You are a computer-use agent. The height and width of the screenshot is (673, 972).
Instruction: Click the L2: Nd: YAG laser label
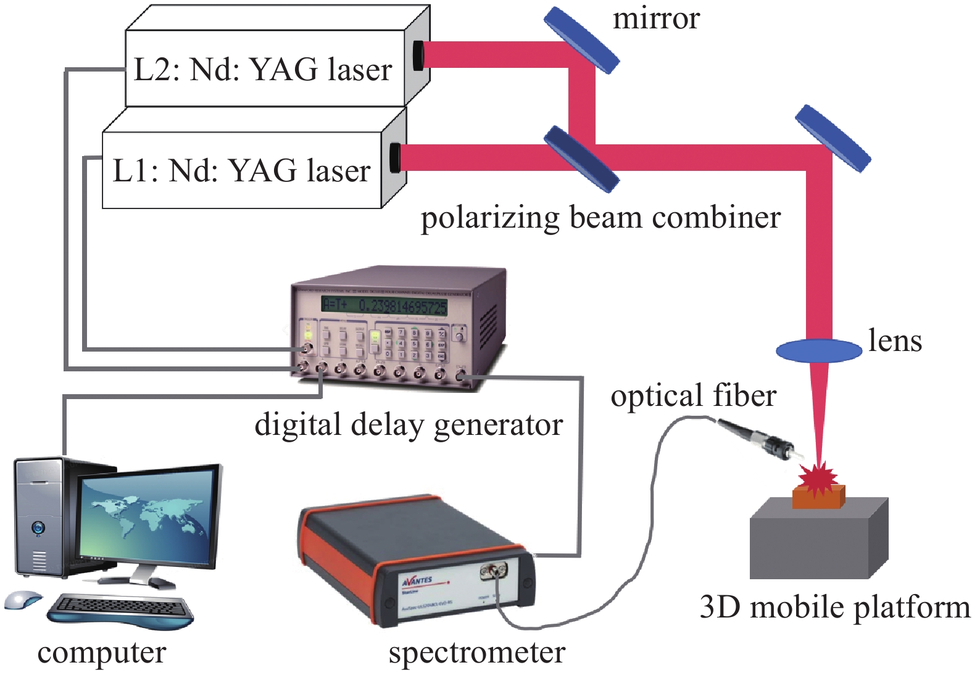click(263, 69)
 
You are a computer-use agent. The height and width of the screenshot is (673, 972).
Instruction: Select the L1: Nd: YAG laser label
click(241, 170)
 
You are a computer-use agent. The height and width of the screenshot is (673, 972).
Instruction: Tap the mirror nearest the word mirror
click(581, 40)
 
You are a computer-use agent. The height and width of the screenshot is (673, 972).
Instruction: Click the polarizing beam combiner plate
click(581, 159)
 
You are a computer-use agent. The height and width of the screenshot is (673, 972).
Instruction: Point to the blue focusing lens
click(818, 350)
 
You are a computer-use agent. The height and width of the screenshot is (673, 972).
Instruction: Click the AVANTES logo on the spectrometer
click(417, 580)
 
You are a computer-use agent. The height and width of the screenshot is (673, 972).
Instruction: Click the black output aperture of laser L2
click(418, 55)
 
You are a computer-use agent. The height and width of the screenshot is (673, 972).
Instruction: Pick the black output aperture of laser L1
click(395, 157)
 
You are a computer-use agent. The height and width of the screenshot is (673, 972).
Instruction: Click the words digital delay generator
click(409, 424)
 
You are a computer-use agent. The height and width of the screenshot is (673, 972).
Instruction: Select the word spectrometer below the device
click(476, 652)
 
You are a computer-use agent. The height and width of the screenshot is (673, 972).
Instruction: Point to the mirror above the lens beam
click(833, 138)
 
